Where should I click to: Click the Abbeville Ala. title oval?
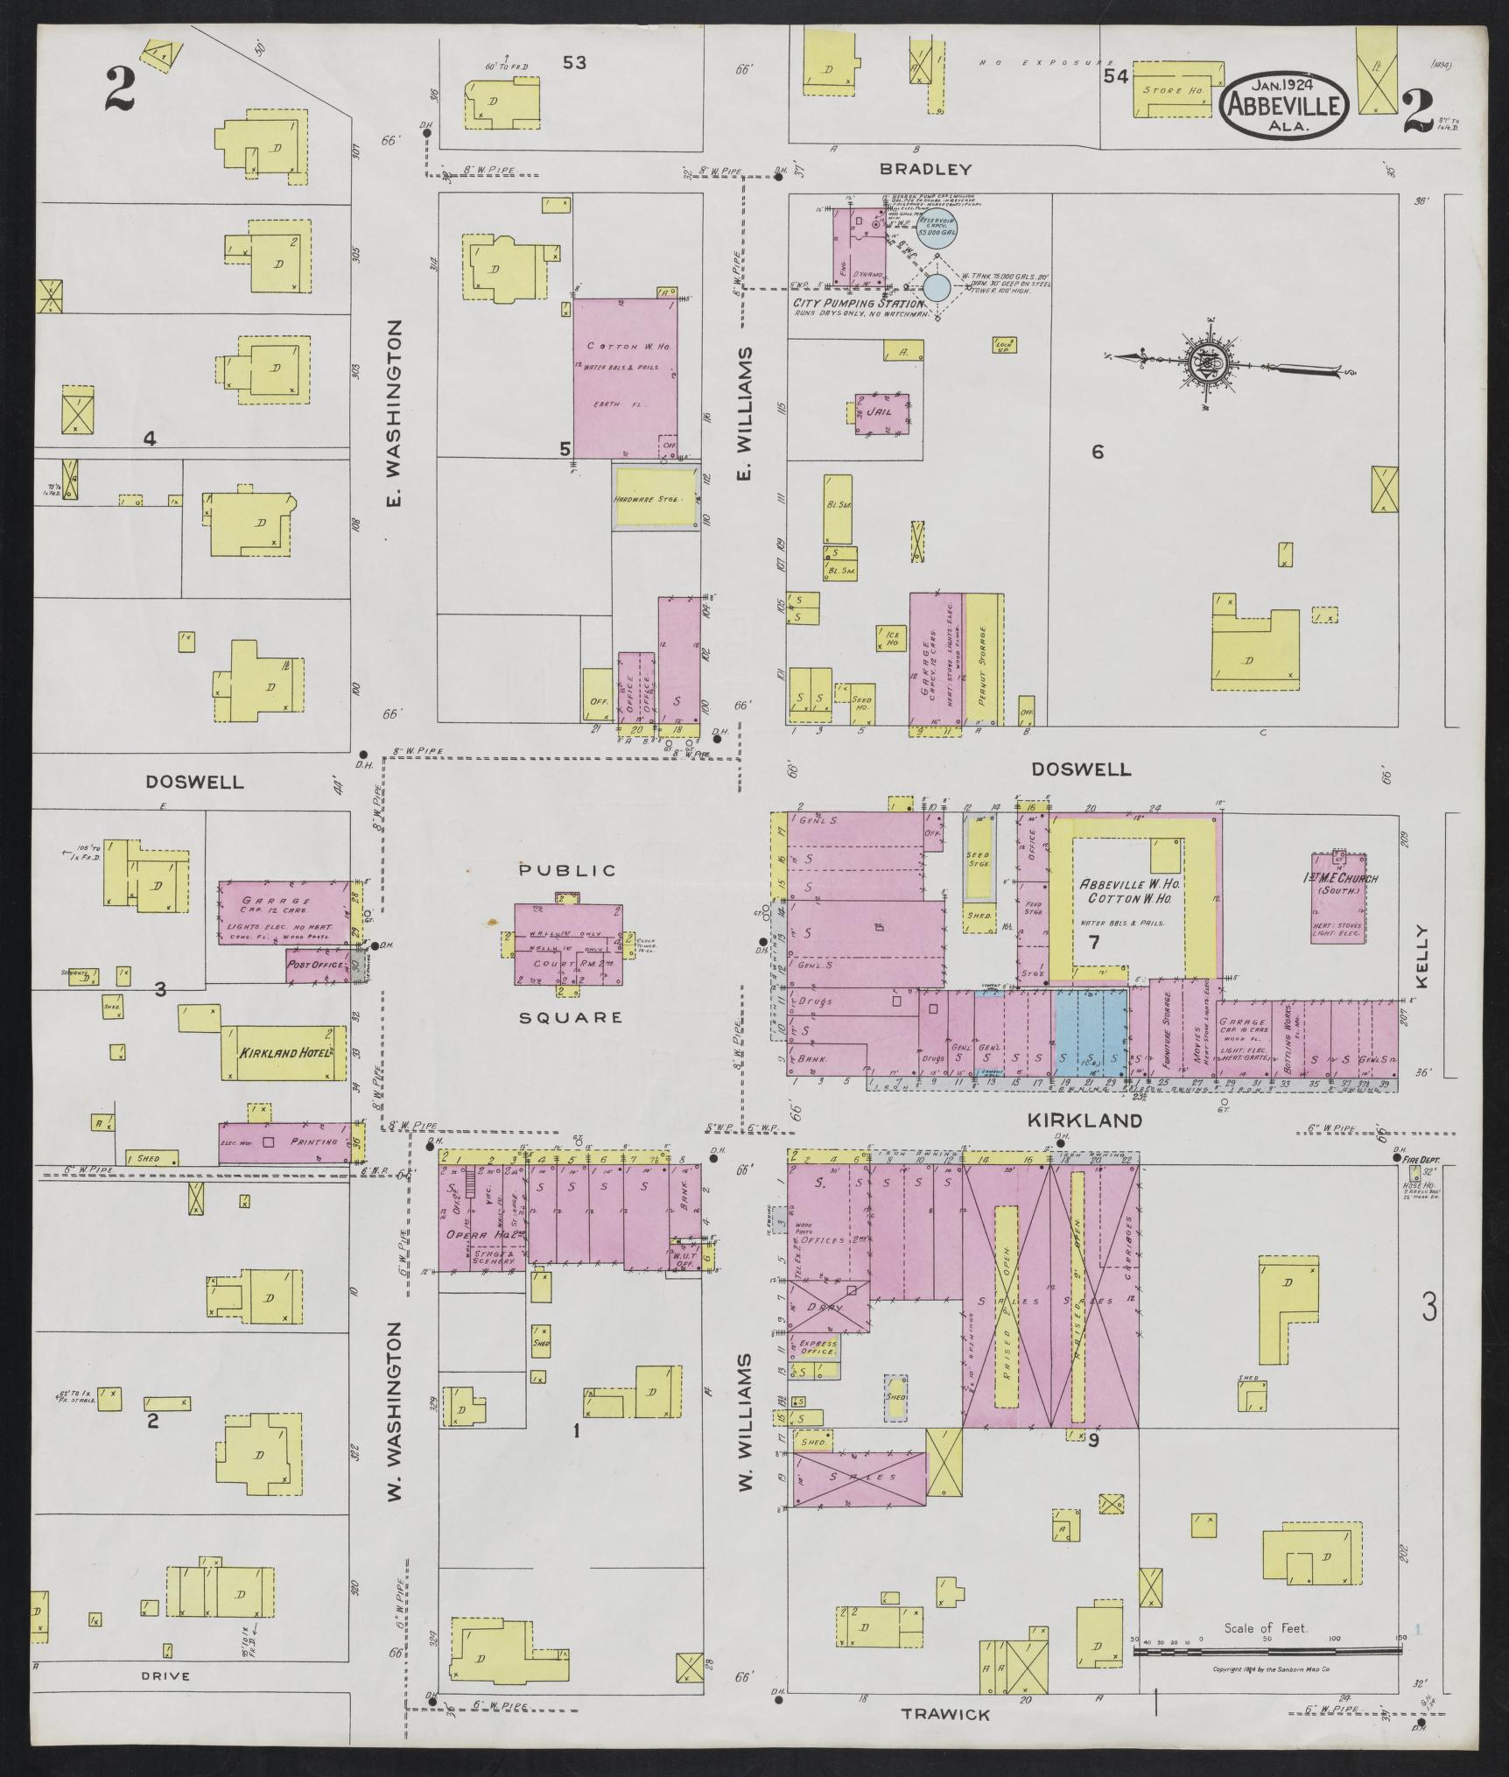(x=1284, y=105)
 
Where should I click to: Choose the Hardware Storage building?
(x=656, y=498)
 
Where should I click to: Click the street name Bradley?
(x=926, y=169)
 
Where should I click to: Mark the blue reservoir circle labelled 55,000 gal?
(x=937, y=230)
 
